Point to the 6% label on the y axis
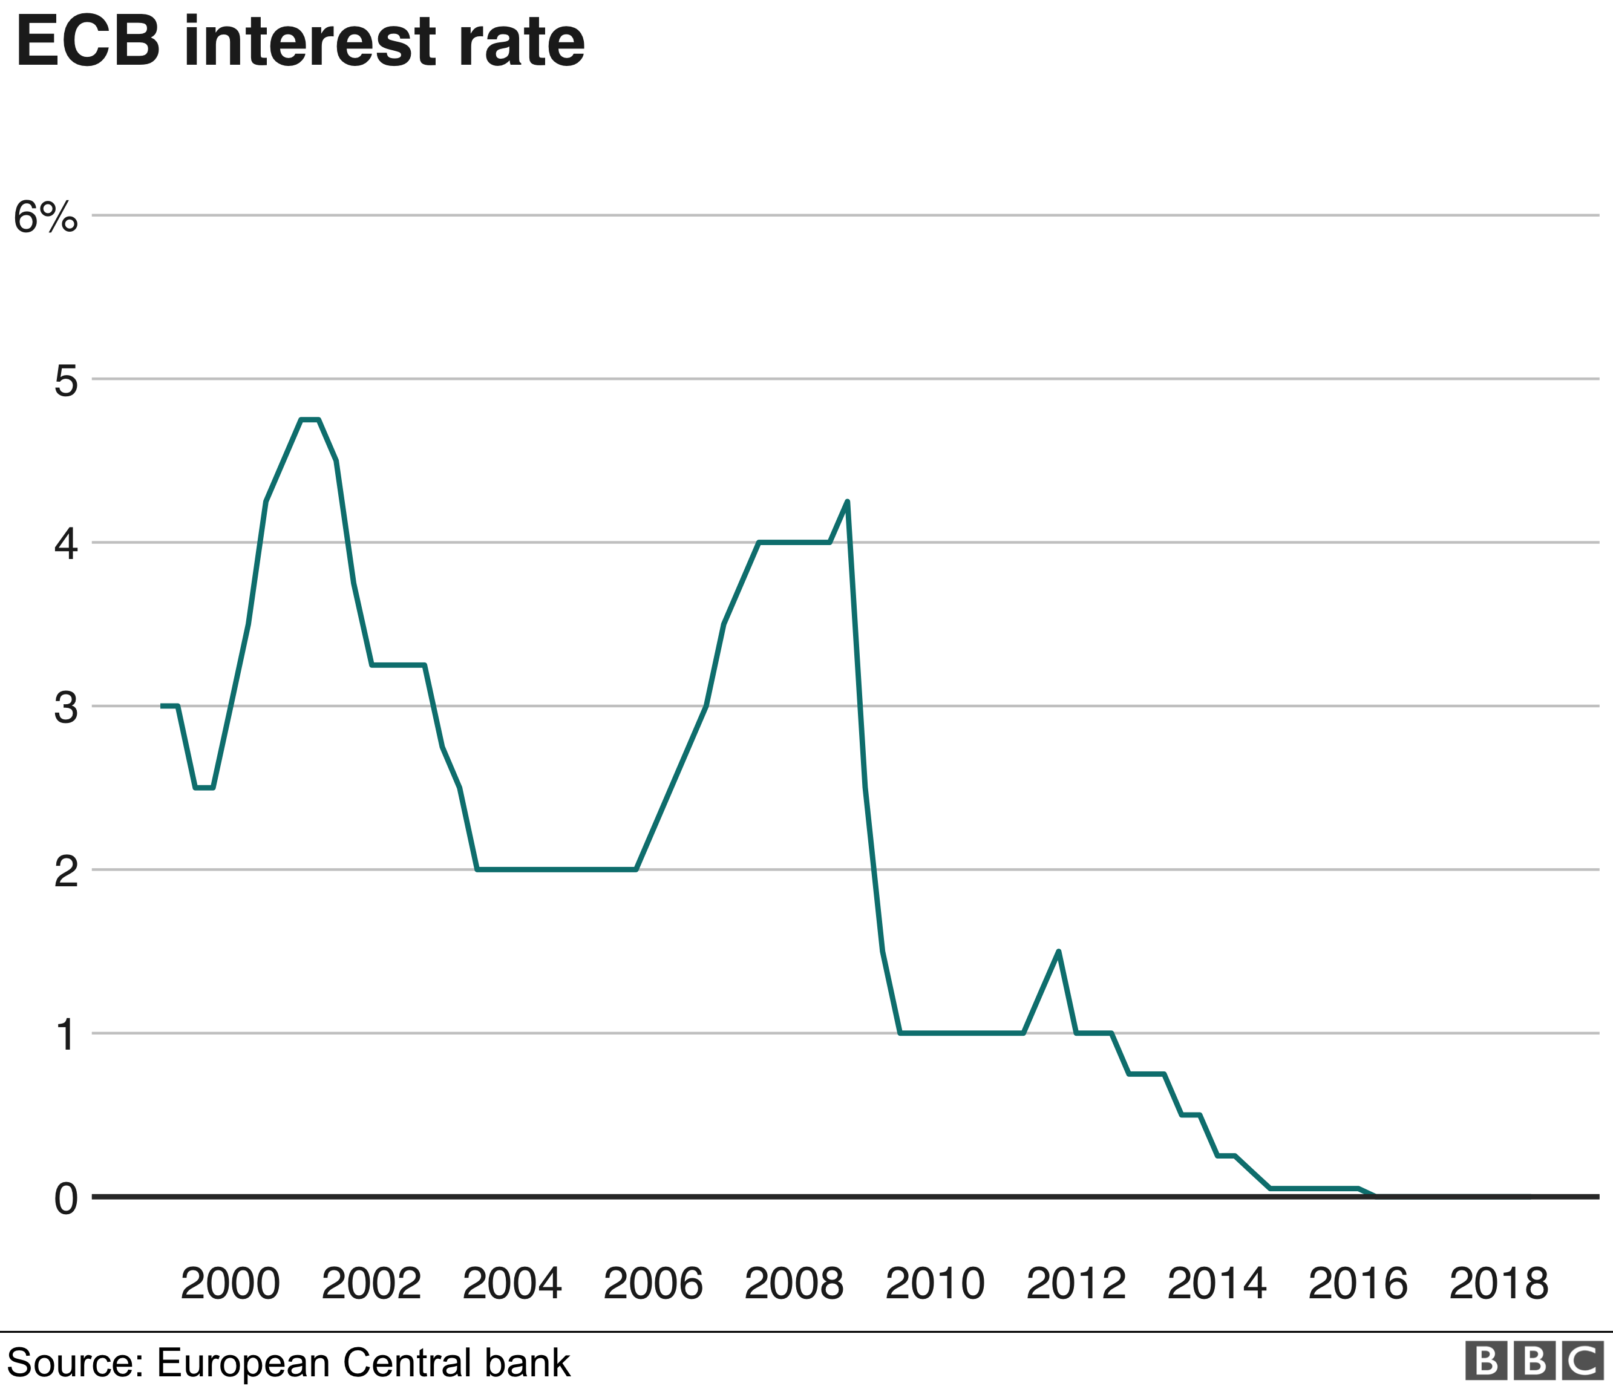tap(46, 217)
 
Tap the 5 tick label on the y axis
tap(66, 381)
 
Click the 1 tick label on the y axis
tap(66, 1036)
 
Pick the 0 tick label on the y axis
tap(66, 1199)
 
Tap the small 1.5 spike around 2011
tap(1058, 951)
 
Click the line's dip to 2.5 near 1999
tap(204, 788)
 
